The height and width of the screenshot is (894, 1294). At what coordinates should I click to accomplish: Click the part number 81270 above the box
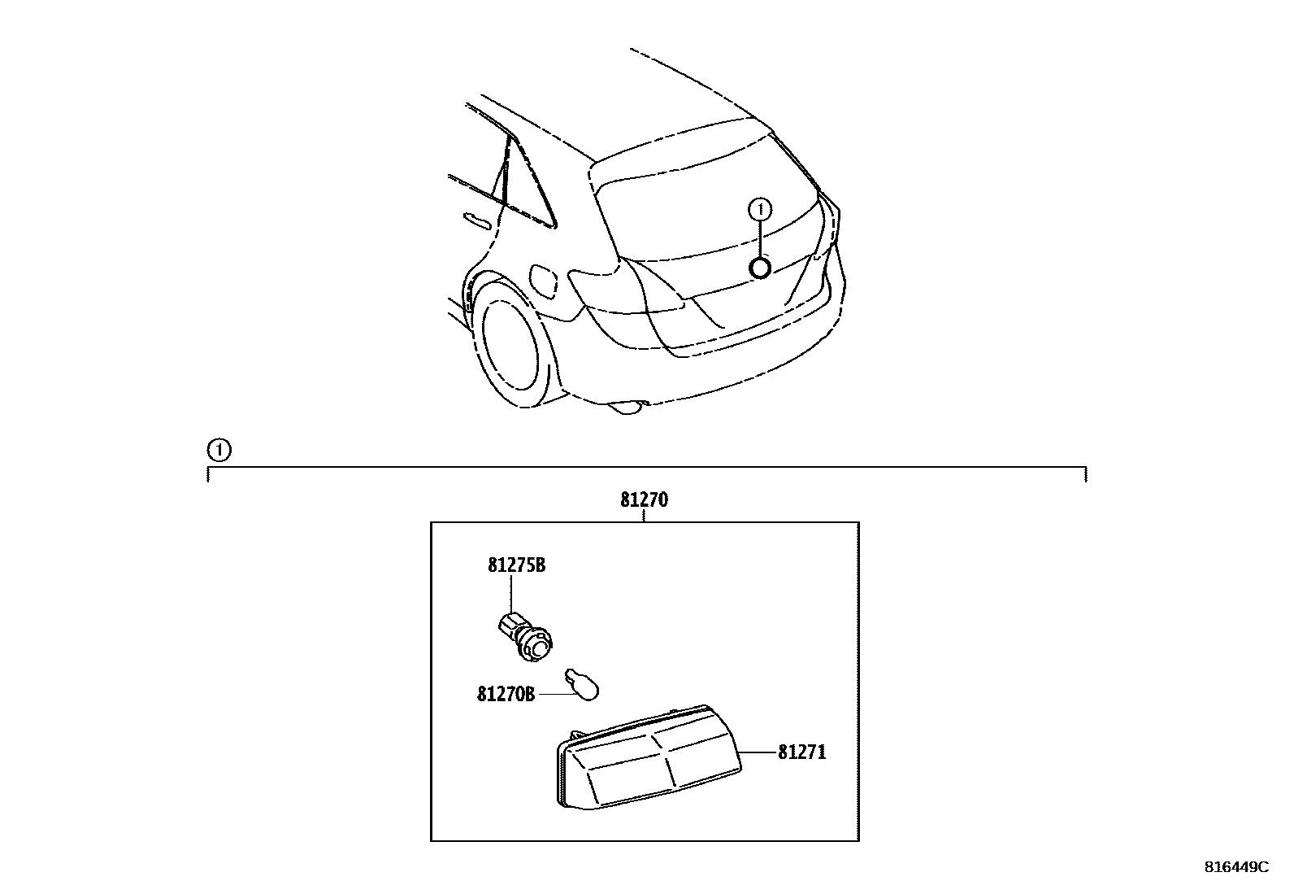point(644,499)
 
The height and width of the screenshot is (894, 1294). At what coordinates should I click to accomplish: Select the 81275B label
point(516,565)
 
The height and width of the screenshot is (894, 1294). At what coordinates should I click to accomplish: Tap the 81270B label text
point(506,694)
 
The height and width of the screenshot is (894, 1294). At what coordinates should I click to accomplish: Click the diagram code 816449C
point(1236,867)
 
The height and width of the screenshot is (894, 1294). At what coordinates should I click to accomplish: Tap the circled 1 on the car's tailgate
point(760,210)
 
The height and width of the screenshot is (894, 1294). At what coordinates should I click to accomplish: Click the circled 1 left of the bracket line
point(219,449)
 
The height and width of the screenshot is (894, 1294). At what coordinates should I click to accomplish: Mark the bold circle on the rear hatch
point(760,268)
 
